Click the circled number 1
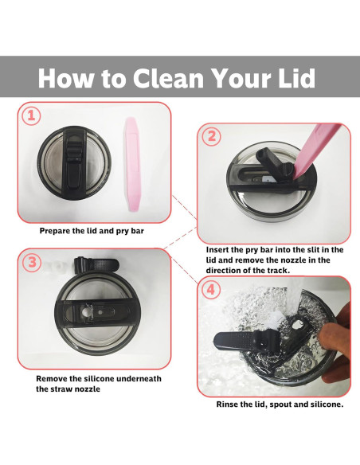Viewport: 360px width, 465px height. coord(31,115)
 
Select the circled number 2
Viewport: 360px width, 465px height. coord(211,137)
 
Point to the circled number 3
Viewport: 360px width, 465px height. coord(32,263)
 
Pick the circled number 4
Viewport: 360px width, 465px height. coord(211,289)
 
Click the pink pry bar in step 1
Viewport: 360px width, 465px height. coord(132,164)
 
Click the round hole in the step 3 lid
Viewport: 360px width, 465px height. coord(87,311)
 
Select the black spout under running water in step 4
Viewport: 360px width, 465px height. coord(245,342)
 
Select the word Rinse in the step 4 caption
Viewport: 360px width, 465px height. coord(226,404)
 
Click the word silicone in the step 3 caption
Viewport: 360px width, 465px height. coord(100,379)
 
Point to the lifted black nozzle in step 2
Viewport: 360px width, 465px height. coord(274,165)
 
